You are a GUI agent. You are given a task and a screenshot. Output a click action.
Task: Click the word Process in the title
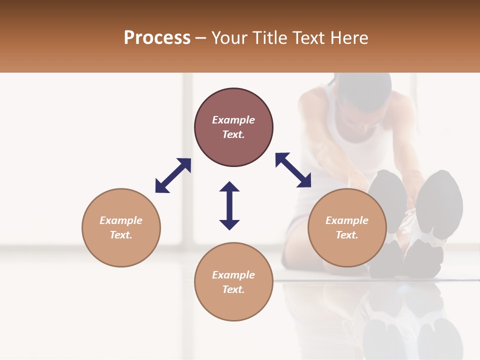click(157, 38)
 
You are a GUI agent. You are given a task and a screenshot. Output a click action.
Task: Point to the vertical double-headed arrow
click(229, 205)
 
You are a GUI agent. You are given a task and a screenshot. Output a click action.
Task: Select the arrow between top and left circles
click(173, 175)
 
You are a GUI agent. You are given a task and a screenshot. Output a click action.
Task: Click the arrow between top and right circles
click(293, 170)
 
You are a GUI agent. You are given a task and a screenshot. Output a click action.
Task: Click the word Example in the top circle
click(233, 120)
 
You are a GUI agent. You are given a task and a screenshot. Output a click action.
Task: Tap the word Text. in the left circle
click(121, 235)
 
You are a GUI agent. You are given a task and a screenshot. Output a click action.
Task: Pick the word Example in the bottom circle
click(233, 275)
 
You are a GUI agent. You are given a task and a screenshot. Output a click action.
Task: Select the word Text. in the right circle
click(347, 235)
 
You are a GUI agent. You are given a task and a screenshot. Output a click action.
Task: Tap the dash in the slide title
click(201, 38)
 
